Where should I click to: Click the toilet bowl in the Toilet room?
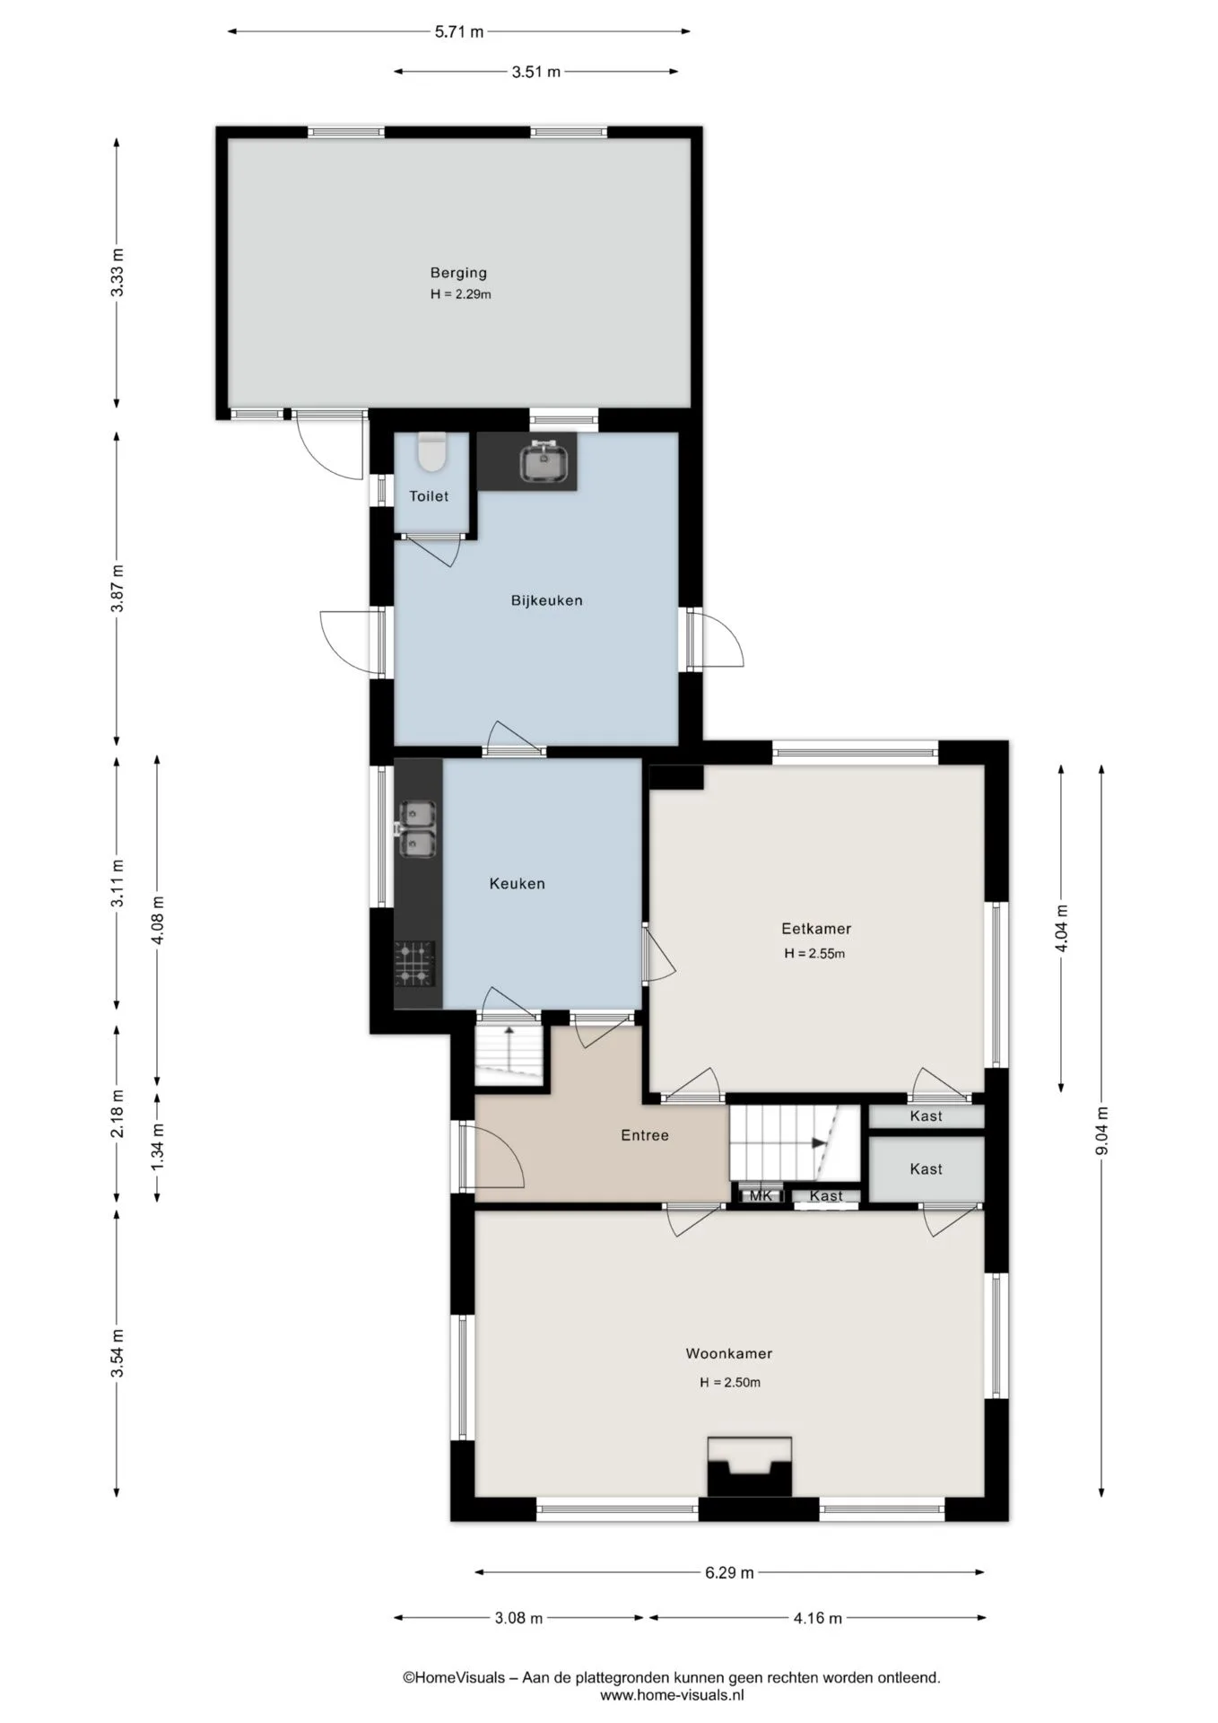pyautogui.click(x=432, y=451)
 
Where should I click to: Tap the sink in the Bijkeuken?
pyautogui.click(x=544, y=462)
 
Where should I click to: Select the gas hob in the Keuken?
pyautogui.click(x=415, y=964)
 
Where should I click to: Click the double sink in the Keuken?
pyautogui.click(x=416, y=828)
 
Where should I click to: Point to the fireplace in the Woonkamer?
pyautogui.click(x=750, y=1466)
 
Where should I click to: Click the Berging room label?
pyautogui.click(x=458, y=273)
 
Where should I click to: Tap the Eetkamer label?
pyautogui.click(x=816, y=929)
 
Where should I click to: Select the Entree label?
pyautogui.click(x=645, y=1135)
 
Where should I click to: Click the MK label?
pyautogui.click(x=761, y=1195)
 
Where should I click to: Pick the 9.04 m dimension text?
pyautogui.click(x=1102, y=1132)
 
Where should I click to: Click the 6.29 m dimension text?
pyautogui.click(x=729, y=1572)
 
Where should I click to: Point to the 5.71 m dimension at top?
pyautogui.click(x=459, y=31)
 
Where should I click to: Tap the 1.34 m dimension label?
pyautogui.click(x=158, y=1146)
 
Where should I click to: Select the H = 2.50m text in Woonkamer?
pyautogui.click(x=730, y=1383)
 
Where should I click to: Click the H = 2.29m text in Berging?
pyautogui.click(x=460, y=294)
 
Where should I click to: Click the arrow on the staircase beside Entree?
pyautogui.click(x=818, y=1142)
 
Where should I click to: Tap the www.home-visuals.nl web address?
pyautogui.click(x=672, y=1695)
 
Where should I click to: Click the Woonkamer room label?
pyautogui.click(x=729, y=1353)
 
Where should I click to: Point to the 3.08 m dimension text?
pyautogui.click(x=518, y=1618)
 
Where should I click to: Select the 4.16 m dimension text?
pyautogui.click(x=818, y=1618)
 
